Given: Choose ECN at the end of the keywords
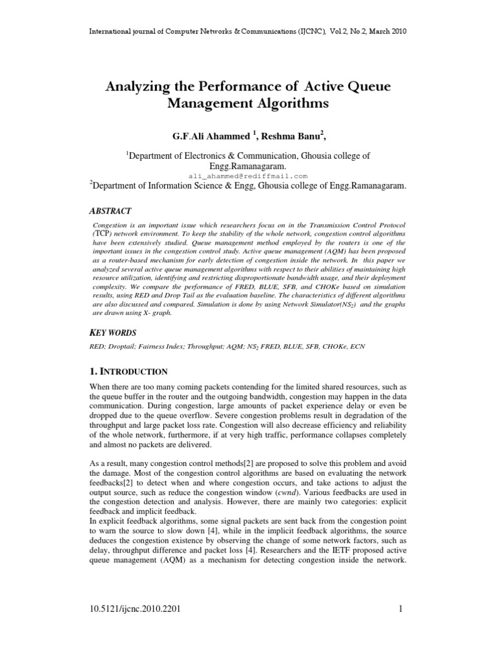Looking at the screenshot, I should (x=356, y=347).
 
